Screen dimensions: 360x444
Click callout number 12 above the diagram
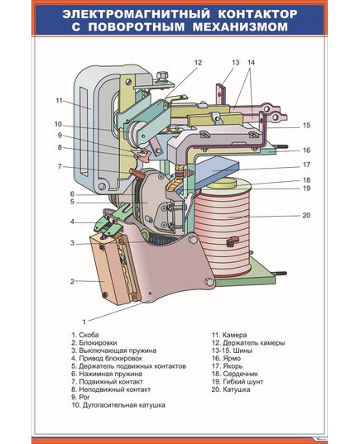pos(198,63)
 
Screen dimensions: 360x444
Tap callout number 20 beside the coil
pos(306,216)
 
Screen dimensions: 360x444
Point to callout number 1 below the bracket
pos(84,322)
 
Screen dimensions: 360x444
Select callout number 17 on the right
pos(306,165)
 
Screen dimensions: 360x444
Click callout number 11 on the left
pos(59,101)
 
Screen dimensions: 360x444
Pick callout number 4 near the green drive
pos(72,222)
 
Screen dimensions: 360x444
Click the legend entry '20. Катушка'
pos(231,389)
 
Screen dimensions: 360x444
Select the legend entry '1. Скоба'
pos(85,335)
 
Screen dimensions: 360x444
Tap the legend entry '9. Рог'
pos(80,397)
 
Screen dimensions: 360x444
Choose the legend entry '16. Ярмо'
pos(226,358)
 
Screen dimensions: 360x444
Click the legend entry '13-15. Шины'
pos(233,351)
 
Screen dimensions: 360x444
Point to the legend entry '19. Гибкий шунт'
pos(238,382)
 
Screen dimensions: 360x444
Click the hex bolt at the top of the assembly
pos(161,76)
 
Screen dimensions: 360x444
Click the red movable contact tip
pos(137,172)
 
